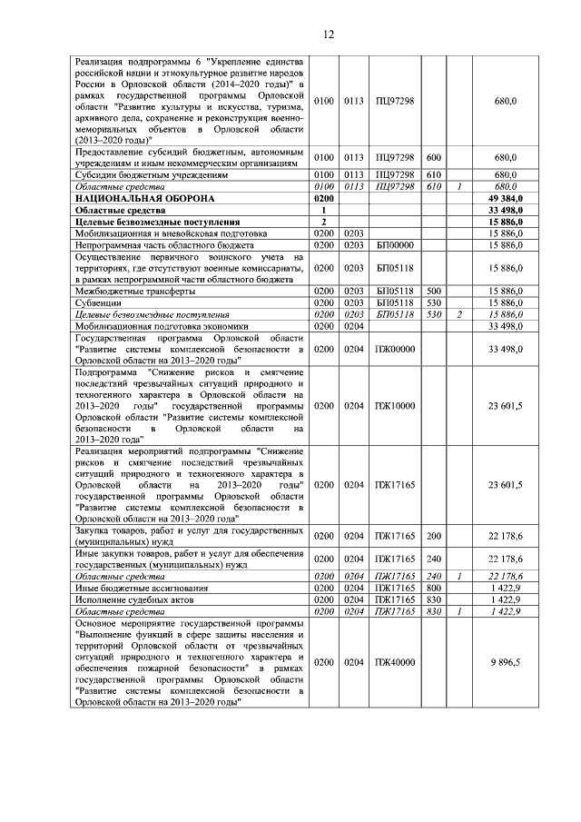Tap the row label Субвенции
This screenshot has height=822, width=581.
point(99,302)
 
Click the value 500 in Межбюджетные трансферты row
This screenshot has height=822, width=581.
point(434,291)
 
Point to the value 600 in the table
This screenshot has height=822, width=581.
point(434,157)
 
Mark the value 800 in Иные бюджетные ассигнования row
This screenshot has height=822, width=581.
point(434,589)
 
